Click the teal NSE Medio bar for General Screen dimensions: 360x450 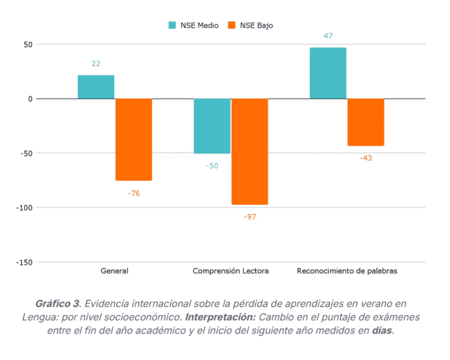[x=96, y=87]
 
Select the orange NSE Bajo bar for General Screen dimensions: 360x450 [x=134, y=139]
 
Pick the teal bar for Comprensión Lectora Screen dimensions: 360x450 [x=212, y=126]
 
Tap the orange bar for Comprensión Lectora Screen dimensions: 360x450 [x=250, y=151]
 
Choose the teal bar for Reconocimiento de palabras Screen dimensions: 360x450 [x=328, y=73]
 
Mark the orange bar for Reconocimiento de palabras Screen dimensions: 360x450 [x=365, y=122]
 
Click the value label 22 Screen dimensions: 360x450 [x=96, y=64]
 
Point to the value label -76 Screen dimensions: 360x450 [x=134, y=194]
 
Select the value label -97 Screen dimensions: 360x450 [x=250, y=217]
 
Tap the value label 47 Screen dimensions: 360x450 [x=328, y=36]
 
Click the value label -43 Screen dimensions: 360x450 [x=365, y=158]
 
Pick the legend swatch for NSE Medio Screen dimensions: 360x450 [x=172, y=25]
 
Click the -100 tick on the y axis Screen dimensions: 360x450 [x=24, y=208]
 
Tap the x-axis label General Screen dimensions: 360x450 [x=114, y=271]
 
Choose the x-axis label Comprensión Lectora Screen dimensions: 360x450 [x=231, y=271]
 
